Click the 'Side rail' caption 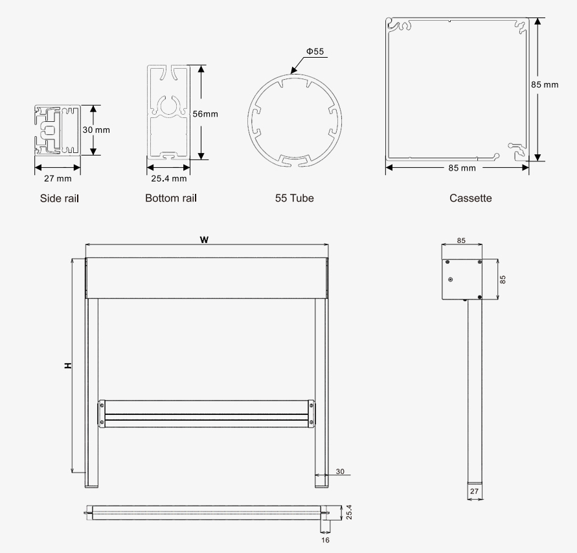[59, 198]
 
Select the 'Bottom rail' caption [171, 198]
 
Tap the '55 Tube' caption [295, 198]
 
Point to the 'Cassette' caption [470, 198]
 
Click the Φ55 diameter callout [315, 51]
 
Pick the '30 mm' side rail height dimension [96, 130]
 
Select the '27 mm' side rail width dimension [58, 178]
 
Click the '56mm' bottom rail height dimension [205, 114]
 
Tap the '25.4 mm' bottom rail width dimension [168, 178]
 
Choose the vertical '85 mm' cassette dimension [545, 84]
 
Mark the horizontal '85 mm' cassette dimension [462, 168]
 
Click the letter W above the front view [204, 240]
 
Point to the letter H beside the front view [68, 366]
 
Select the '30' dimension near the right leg [340, 471]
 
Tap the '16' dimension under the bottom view [325, 540]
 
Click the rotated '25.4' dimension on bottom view [349, 512]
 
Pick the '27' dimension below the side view [474, 491]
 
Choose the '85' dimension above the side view [461, 241]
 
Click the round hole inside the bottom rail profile [169, 106]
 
